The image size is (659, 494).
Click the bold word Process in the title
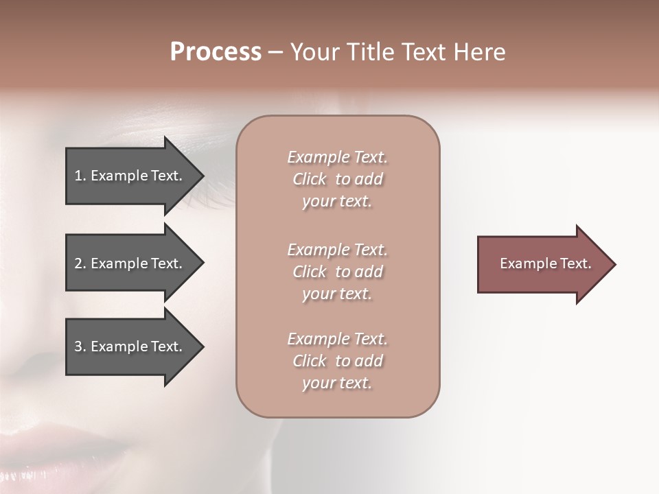(x=216, y=52)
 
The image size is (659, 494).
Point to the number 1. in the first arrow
(x=80, y=176)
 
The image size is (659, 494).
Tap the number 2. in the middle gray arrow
(x=80, y=263)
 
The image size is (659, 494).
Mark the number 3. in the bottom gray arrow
(x=80, y=346)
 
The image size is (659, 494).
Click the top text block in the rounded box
(x=337, y=179)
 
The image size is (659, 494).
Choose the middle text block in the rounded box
(x=337, y=272)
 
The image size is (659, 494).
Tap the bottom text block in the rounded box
(x=337, y=361)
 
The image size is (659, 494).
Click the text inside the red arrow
(x=545, y=263)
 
